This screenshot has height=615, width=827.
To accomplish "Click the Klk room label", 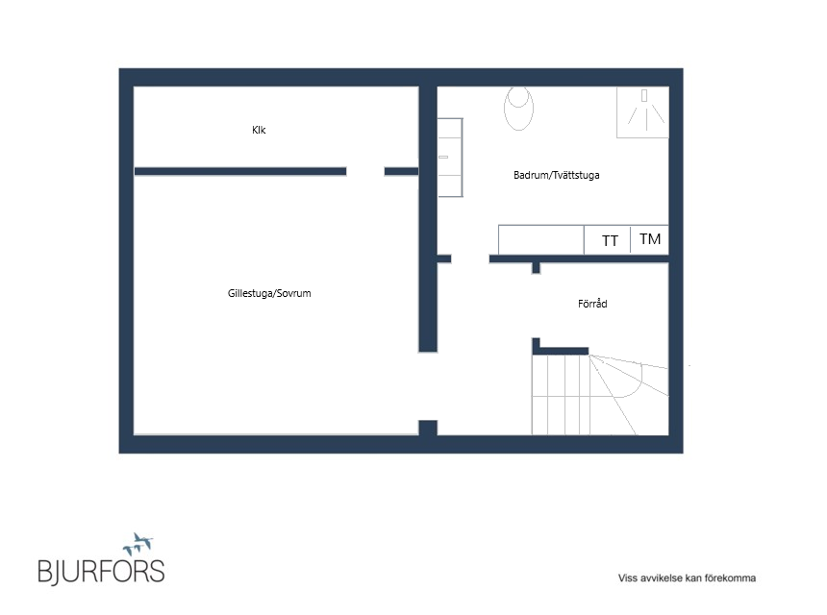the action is tap(259, 130).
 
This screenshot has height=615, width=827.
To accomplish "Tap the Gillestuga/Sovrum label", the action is tap(269, 293).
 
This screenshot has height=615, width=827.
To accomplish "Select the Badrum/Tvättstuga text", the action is tap(557, 175).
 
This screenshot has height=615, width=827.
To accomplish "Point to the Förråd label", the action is tap(592, 303).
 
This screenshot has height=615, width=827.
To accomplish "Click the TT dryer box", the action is tap(608, 240).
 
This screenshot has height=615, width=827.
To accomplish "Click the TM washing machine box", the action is tap(650, 240).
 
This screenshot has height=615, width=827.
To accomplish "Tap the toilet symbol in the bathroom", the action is tap(518, 108).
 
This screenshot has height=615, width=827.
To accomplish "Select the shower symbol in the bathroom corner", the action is tap(643, 112).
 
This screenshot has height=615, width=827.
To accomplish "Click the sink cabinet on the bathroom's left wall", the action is tap(450, 158).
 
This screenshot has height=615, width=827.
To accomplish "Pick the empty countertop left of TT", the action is tap(541, 240).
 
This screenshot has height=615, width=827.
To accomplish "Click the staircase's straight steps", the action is tap(560, 395).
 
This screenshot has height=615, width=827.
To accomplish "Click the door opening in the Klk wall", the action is tap(365, 171).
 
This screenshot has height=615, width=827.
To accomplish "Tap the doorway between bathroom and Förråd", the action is tap(470, 258).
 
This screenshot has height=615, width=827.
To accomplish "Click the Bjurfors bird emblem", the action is tap(138, 543).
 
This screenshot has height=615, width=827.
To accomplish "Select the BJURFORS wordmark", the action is tap(101, 572).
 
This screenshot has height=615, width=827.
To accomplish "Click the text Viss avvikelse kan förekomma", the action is tap(687, 578).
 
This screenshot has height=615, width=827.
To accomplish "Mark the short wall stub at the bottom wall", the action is tap(428, 428).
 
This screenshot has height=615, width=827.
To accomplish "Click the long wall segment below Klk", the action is tap(240, 171).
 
